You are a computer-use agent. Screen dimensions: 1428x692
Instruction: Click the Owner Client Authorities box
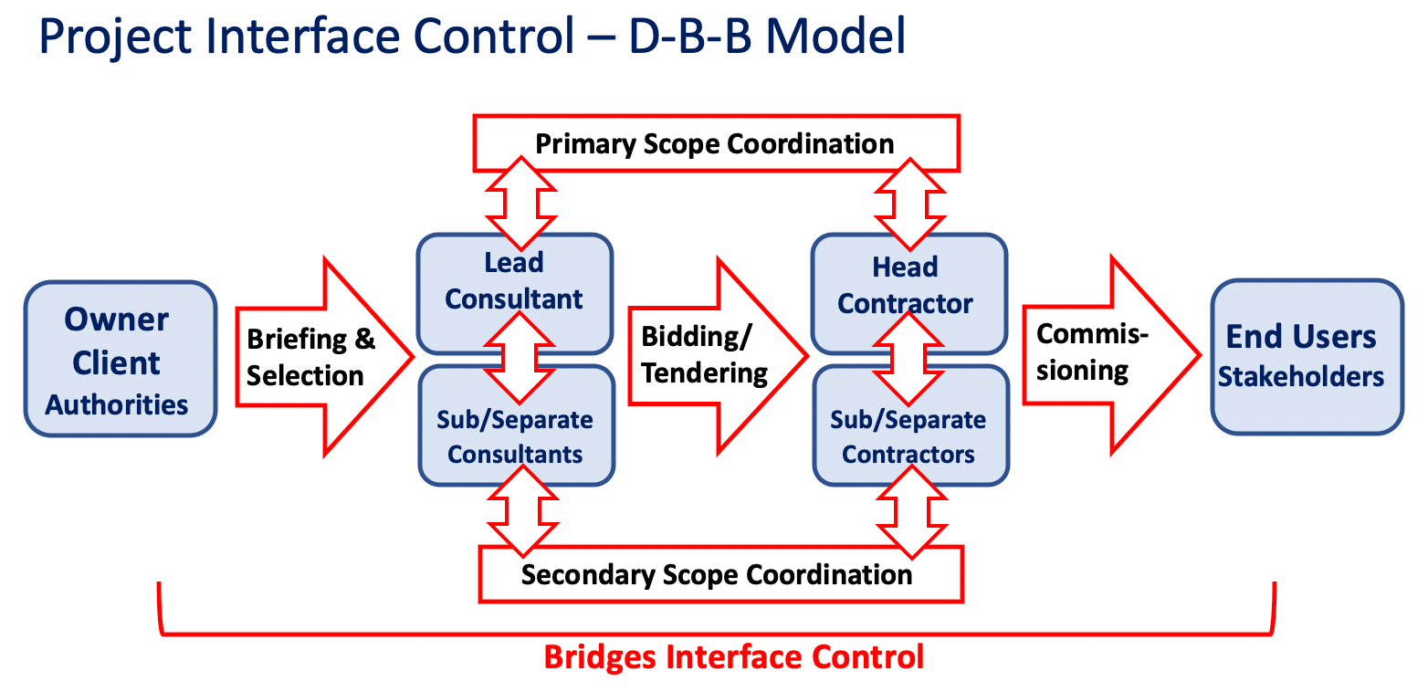(x=121, y=359)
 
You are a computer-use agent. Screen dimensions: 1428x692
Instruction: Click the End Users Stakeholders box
(x=1307, y=357)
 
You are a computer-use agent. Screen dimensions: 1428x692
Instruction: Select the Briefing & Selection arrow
(x=325, y=357)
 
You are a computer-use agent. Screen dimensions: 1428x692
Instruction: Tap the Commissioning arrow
(x=1112, y=355)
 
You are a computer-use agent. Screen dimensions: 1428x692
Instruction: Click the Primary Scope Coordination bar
(x=717, y=143)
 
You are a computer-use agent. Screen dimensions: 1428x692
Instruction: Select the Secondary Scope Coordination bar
(x=721, y=574)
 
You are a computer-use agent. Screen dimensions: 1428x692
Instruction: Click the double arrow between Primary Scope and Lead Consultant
(x=520, y=204)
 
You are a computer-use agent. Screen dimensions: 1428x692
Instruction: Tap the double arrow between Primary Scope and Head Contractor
(x=909, y=204)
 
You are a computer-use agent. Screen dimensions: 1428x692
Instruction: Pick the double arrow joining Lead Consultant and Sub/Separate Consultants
(x=520, y=358)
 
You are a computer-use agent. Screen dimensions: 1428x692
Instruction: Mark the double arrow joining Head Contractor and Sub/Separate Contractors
(x=908, y=358)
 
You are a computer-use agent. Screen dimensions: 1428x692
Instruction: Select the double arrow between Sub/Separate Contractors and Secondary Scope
(x=911, y=512)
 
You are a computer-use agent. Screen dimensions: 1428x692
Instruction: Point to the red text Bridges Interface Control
(x=734, y=657)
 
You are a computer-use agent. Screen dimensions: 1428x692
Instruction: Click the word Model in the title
(x=835, y=36)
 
